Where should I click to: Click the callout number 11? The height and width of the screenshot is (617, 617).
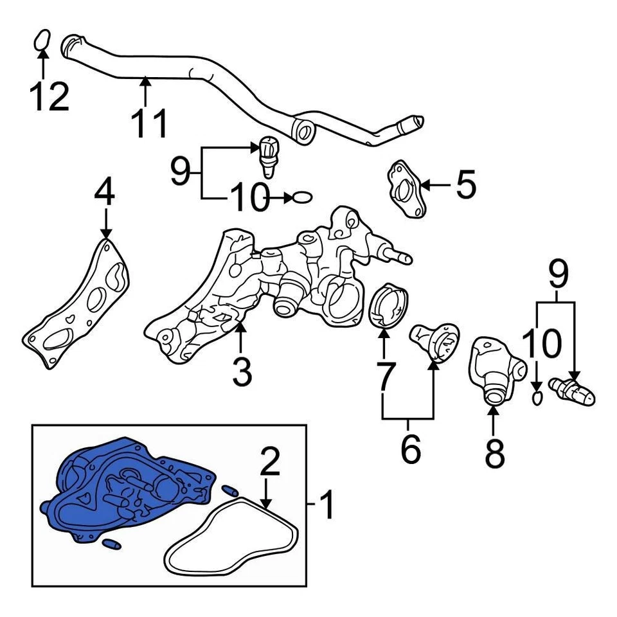(149, 123)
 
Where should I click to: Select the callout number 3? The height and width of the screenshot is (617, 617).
(242, 373)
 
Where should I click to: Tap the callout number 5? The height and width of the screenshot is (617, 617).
(465, 184)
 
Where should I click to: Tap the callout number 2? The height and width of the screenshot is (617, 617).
(270, 463)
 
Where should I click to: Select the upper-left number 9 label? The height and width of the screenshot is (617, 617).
(182, 170)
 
